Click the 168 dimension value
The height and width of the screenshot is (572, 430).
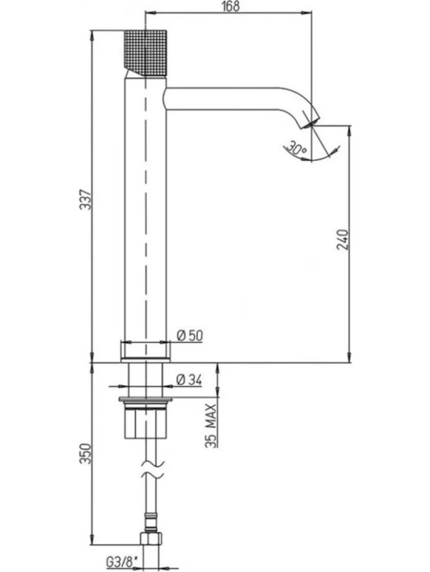tap(230, 6)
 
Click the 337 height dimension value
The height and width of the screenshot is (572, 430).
tap(86, 199)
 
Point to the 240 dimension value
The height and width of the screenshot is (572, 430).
tap(343, 239)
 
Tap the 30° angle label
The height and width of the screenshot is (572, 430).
tap(297, 148)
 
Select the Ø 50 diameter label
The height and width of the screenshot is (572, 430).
tap(190, 336)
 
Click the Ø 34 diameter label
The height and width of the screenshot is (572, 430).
tap(189, 380)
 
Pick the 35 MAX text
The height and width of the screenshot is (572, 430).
tap(211, 426)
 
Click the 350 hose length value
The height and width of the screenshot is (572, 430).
tap(86, 453)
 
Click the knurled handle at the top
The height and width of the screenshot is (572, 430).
tap(146, 53)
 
